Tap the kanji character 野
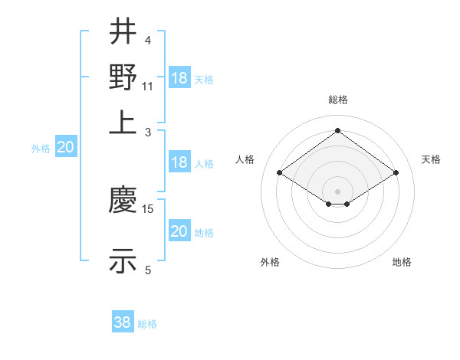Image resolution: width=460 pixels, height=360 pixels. (x=123, y=77)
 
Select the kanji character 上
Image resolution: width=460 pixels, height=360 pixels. (x=123, y=121)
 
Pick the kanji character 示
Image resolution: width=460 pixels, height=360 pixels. (x=123, y=260)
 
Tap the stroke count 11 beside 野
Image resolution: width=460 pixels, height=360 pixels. (x=148, y=86)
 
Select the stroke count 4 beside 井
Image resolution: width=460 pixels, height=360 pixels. (x=147, y=41)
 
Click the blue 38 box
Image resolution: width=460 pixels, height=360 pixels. (x=123, y=322)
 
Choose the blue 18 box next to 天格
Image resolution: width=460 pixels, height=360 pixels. (x=179, y=77)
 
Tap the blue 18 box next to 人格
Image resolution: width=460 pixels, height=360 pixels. (x=179, y=162)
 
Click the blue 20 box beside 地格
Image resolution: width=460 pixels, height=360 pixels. (x=179, y=231)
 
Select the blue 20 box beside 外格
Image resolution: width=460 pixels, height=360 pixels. (x=65, y=148)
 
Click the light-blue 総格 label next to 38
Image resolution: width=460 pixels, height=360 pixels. (x=147, y=324)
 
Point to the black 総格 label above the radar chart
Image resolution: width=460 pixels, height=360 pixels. (x=338, y=100)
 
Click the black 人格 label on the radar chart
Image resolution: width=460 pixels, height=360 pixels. (x=245, y=159)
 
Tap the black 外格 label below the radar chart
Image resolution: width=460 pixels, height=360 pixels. (x=270, y=262)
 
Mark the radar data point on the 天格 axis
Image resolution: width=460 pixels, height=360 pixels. (x=396, y=173)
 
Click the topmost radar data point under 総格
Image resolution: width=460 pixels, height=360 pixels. (x=338, y=130)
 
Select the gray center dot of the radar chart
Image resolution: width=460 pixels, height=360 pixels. (x=338, y=191)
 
